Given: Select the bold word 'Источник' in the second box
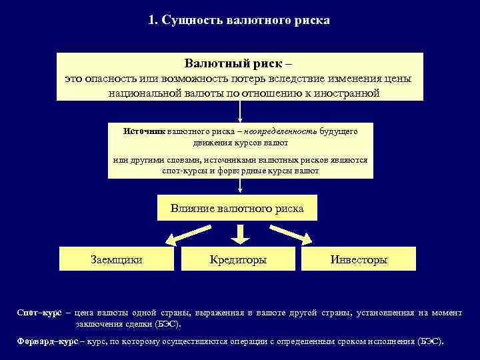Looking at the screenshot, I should (x=143, y=131).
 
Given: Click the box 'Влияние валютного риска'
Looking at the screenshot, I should (x=237, y=209).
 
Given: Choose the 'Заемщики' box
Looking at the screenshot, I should (x=116, y=259).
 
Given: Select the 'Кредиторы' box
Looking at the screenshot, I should (x=238, y=259).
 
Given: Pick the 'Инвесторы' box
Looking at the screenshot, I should (x=359, y=259).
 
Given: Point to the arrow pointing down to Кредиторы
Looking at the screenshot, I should (x=241, y=233).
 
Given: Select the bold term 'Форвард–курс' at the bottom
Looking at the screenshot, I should (x=47, y=341).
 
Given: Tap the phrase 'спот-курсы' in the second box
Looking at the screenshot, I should (x=182, y=171).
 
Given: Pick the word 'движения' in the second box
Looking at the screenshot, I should (x=210, y=143).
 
